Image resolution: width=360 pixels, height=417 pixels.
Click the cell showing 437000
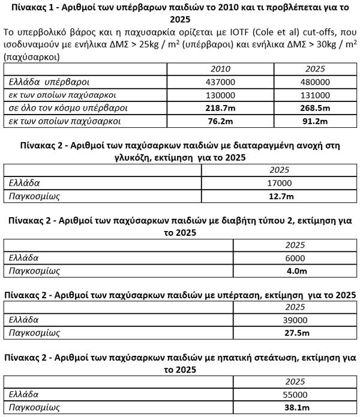tap(221, 82)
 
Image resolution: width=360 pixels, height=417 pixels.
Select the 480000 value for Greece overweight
tap(315, 82)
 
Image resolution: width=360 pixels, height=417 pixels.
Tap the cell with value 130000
tap(221, 95)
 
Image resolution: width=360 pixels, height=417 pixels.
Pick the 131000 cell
tap(315, 95)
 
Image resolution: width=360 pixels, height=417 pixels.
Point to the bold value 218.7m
tap(221, 108)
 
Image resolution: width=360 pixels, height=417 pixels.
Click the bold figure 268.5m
tap(315, 108)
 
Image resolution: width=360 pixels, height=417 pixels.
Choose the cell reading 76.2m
tap(221, 121)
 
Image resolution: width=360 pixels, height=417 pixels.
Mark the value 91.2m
tap(315, 121)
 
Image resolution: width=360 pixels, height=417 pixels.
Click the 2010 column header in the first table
tap(221, 69)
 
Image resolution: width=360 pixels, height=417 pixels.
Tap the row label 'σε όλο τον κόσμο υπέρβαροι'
tap(59, 108)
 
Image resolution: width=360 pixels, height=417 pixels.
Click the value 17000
tap(280, 183)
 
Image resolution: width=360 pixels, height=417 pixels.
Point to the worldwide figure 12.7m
tap(280, 196)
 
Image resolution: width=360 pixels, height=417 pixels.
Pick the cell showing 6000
tap(295, 258)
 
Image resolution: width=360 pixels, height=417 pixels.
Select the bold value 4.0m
tap(295, 271)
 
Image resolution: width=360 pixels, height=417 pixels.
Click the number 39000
tap(295, 320)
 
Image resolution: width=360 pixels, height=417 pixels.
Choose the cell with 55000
tap(295, 395)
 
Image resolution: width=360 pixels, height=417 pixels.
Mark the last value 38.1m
tap(295, 408)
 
